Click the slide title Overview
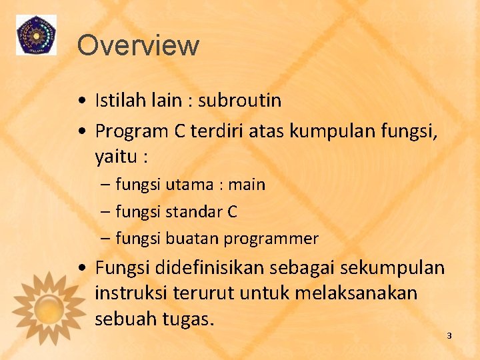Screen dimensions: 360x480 click(138, 45)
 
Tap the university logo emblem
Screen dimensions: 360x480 click(37, 34)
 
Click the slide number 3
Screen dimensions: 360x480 click(449, 335)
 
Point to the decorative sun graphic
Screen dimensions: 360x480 click(49, 306)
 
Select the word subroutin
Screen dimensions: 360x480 click(239, 101)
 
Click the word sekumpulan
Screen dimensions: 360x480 click(392, 267)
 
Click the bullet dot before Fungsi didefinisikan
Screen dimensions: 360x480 click(80, 268)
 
